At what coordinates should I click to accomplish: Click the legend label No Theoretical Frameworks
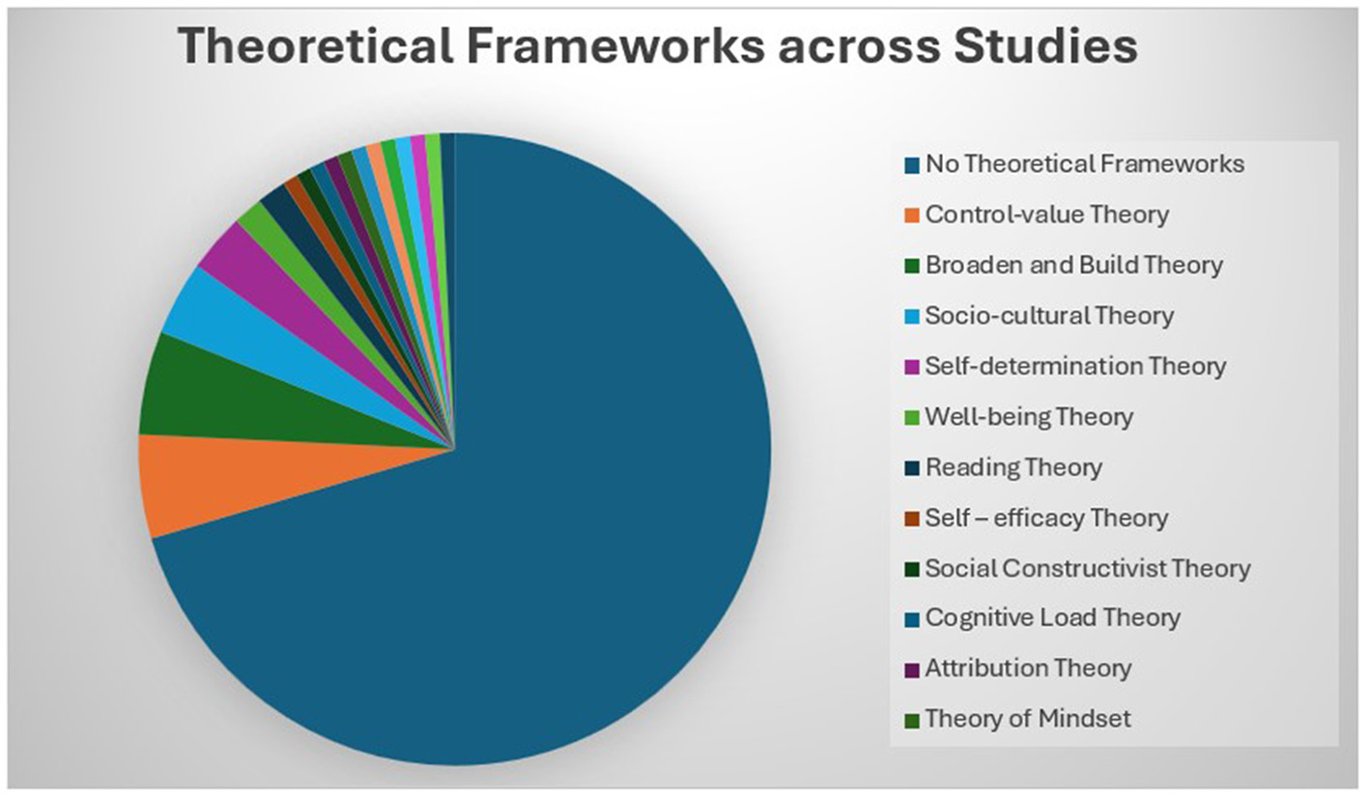tap(1084, 164)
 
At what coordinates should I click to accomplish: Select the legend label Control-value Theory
tap(1046, 214)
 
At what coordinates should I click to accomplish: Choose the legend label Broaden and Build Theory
tap(1073, 265)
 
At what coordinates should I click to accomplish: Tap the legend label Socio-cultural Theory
tap(1049, 315)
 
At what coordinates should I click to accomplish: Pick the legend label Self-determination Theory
tap(1075, 366)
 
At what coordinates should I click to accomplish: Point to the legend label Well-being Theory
tap(1029, 416)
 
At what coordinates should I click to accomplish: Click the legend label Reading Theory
tap(1013, 468)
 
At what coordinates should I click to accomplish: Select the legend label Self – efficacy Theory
tap(1046, 518)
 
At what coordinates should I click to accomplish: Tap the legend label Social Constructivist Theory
tap(1087, 568)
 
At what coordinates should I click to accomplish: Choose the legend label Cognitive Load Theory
tap(1052, 617)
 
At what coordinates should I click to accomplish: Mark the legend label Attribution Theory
tap(1028, 668)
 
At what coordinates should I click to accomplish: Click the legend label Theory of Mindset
tap(1028, 719)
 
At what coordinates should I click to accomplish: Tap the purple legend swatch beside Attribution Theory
tap(911, 669)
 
